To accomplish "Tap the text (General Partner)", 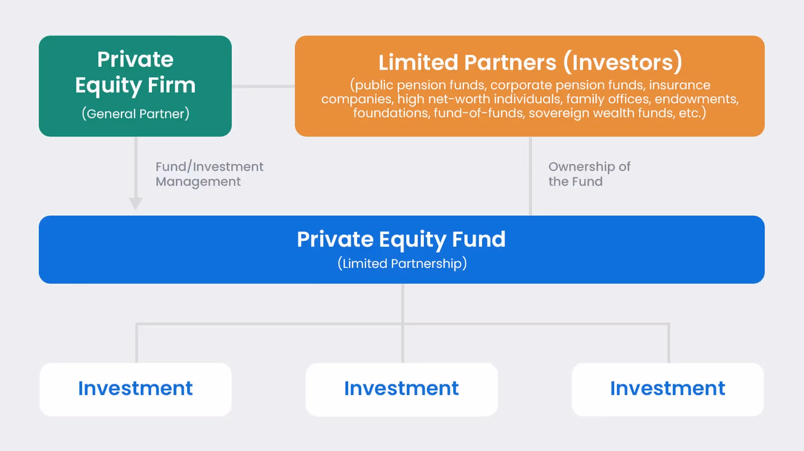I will tap(135, 113).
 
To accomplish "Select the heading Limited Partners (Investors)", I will tap(530, 62).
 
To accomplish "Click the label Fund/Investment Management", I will tap(209, 174).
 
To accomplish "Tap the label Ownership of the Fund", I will tap(588, 174).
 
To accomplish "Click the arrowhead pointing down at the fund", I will tap(136, 203).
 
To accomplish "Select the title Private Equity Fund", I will tap(401, 239).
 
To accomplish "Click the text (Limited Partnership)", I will tap(402, 263).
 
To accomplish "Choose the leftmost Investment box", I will tap(135, 389).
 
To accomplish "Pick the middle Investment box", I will tap(401, 389).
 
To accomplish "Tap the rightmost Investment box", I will tap(667, 389).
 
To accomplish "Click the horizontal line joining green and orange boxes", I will tap(263, 86).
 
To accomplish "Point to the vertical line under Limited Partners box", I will tap(530, 176).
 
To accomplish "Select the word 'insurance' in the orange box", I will tap(680, 85).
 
